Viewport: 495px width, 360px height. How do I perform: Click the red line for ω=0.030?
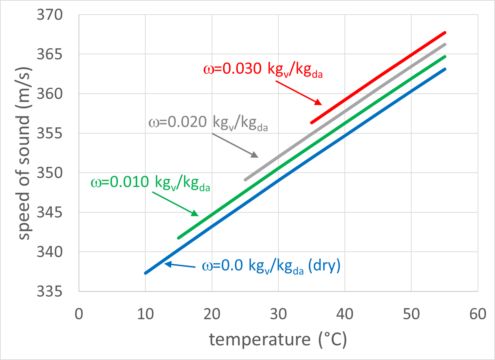379,78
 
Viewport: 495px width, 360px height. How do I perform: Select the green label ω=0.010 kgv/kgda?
150,183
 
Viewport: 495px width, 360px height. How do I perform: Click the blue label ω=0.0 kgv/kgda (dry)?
271,266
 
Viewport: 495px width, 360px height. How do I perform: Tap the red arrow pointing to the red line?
299,93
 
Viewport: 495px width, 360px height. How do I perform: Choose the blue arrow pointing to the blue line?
180,265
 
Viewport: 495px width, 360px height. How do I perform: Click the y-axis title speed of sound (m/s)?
24,153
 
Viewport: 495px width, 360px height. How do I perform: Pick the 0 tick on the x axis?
79,314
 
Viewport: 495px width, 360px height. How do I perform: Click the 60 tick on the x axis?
478,314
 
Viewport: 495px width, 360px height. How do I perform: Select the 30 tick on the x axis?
278,314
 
